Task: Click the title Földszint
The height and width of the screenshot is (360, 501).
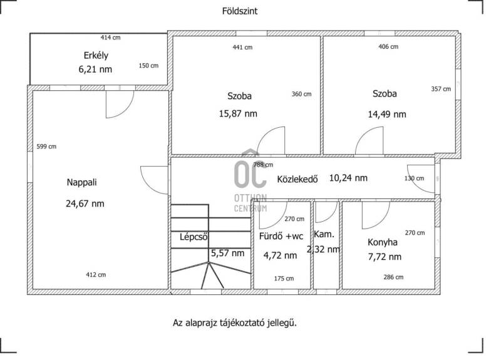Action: pos(240,11)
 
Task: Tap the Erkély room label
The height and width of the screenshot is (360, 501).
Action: pos(96,56)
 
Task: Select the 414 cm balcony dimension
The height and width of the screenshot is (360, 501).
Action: pos(111,38)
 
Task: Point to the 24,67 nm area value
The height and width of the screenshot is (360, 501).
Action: pos(85,203)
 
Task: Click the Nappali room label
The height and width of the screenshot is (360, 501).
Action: pos(81,182)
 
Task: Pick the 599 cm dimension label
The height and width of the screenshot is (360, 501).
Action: pos(46,147)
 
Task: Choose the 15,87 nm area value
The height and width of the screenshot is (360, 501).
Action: pos(238,113)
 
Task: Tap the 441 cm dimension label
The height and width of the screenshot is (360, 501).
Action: pos(242,48)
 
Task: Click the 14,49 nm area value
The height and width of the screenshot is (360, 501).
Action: pos(387,114)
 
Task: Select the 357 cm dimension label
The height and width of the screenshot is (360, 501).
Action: pos(441,89)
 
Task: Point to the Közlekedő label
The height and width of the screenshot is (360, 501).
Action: pos(297,179)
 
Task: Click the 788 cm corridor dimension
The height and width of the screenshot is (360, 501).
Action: pos(263,165)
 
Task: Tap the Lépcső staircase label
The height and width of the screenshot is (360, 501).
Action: pos(194,237)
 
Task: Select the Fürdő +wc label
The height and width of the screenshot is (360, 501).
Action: pos(281,237)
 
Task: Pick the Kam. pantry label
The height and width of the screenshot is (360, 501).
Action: pos(324,234)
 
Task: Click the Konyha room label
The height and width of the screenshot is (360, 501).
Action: pos(383,242)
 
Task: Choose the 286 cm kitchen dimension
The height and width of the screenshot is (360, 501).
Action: pos(393,277)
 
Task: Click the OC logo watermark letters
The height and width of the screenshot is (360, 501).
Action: pos(250,173)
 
